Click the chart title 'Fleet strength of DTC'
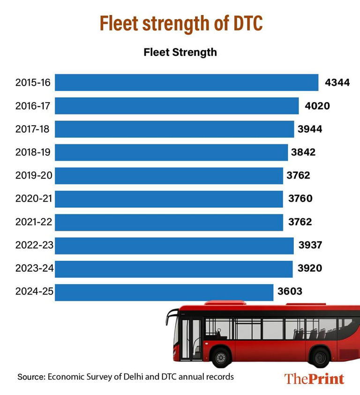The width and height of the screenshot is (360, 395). click(x=180, y=23)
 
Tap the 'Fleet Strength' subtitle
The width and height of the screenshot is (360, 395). click(x=180, y=52)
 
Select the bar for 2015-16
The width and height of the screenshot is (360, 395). click(x=187, y=83)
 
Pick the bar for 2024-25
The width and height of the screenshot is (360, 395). click(x=164, y=292)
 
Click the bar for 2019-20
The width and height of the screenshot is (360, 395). click(x=169, y=176)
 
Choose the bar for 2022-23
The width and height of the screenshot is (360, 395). click(x=174, y=246)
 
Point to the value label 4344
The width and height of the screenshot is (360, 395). click(x=337, y=83)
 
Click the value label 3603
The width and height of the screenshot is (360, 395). click(x=290, y=292)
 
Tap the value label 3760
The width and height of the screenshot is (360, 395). click(x=300, y=199)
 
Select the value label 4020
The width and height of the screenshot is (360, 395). click(x=317, y=106)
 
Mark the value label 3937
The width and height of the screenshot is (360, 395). click(x=310, y=245)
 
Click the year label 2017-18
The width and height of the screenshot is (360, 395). click(x=32, y=129)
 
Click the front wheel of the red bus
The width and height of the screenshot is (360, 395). click(x=221, y=358)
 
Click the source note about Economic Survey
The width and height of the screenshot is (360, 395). click(x=126, y=377)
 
